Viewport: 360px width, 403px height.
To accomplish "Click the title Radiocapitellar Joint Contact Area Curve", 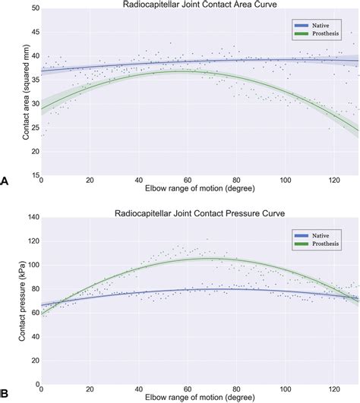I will [x=200, y=5].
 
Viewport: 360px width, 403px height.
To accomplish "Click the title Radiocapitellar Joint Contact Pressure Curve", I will [x=200, y=213].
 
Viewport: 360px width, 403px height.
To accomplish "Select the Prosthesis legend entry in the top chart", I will [x=321, y=34].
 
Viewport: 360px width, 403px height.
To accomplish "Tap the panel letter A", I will [x=5, y=181].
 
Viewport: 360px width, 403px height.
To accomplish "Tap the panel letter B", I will [x=5, y=393].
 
